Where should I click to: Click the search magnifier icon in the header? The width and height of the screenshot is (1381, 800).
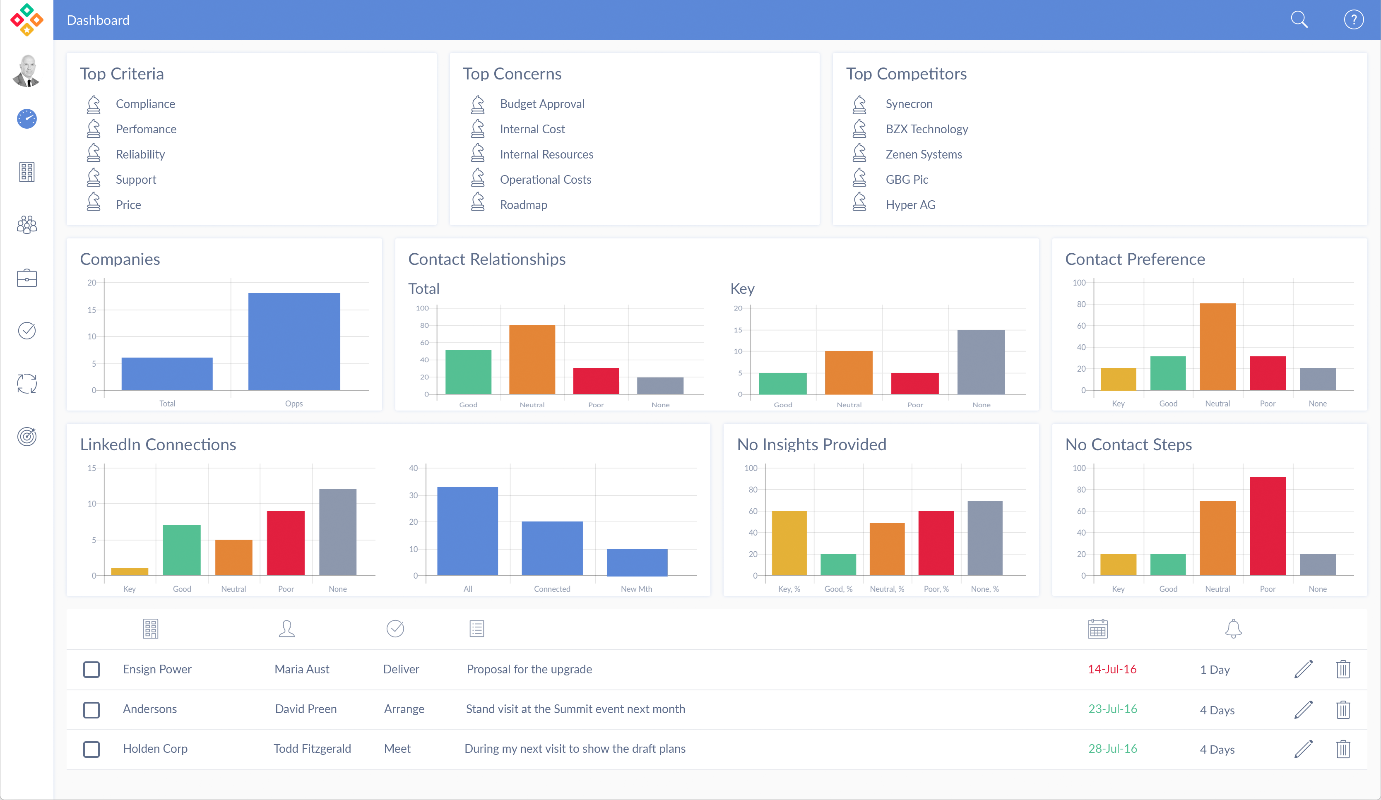(1299, 20)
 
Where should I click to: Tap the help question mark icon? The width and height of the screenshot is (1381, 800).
(1353, 20)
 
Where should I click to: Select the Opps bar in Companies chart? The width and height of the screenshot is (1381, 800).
(294, 341)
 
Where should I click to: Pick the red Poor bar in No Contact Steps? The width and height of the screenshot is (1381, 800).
(1267, 526)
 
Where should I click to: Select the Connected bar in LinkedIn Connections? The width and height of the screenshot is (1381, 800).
(552, 548)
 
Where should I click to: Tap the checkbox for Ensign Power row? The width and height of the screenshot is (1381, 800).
(91, 669)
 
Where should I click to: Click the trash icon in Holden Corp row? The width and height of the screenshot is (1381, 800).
(1343, 749)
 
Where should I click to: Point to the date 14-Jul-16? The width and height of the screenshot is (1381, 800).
(1112, 669)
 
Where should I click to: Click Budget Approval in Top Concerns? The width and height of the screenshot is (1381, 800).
(541, 104)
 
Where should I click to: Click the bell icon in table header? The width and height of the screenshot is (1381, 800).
(1233, 629)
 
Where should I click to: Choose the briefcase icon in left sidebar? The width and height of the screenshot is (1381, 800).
(26, 279)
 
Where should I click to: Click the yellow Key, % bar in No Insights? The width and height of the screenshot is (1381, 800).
(789, 543)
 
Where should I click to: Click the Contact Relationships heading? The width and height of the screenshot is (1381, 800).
(487, 259)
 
